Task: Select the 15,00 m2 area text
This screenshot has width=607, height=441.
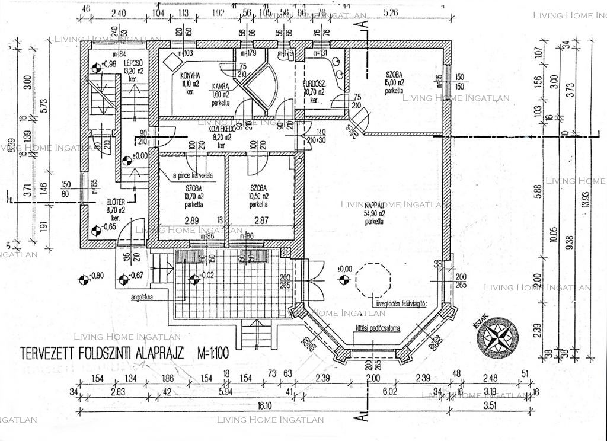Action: coord(394,82)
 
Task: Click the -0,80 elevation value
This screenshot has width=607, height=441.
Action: coord(95,274)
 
